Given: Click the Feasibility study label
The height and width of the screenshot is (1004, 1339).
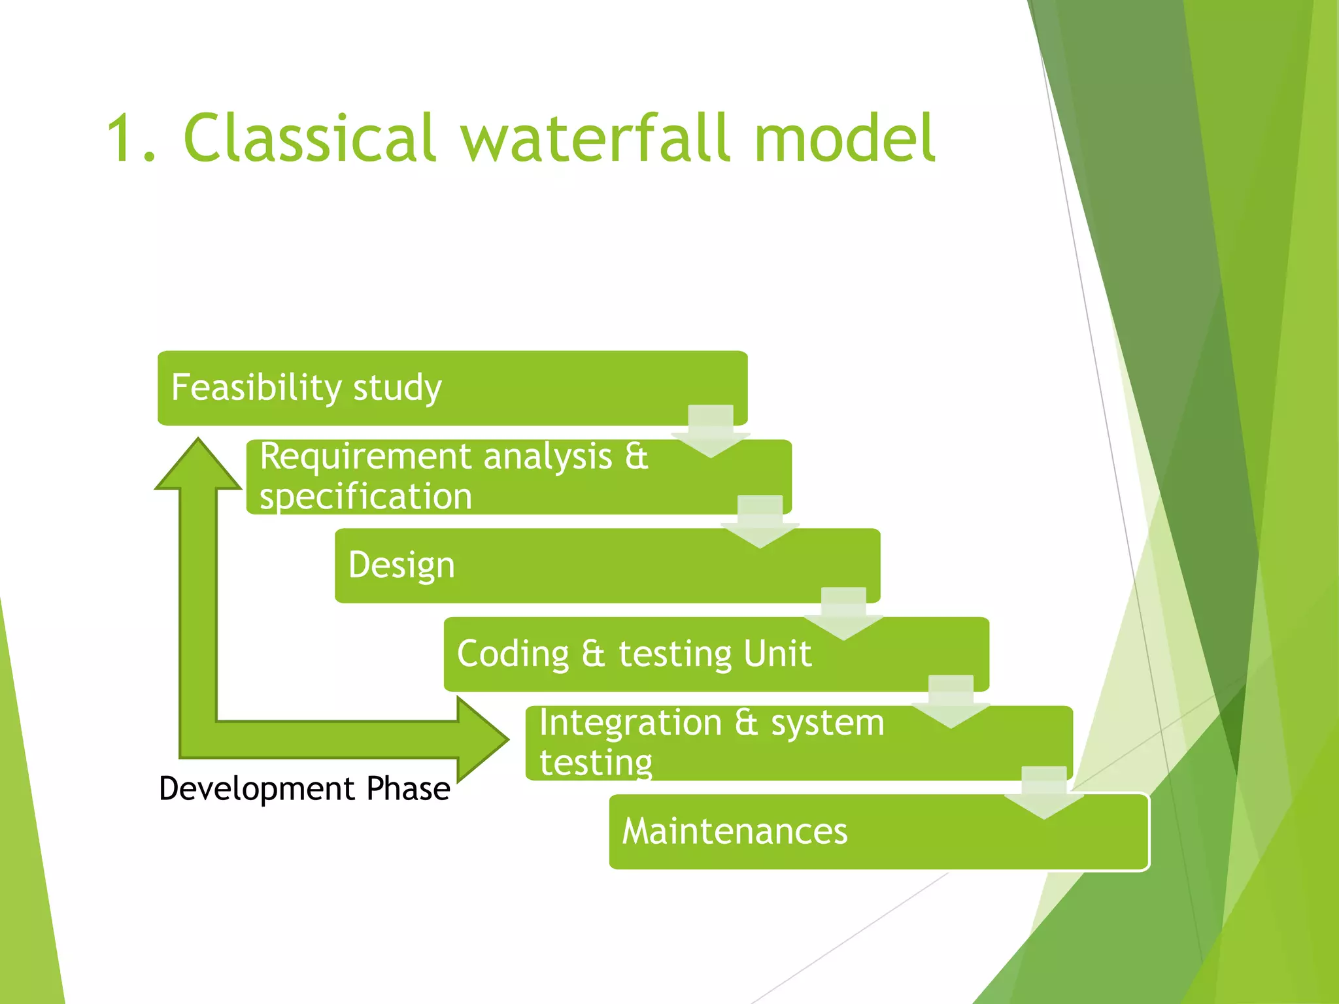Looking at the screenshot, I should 306,388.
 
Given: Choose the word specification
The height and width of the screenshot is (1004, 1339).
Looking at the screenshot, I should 365,496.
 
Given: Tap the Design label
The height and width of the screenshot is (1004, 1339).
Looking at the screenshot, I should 401,565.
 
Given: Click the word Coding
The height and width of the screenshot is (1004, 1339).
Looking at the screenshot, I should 513,654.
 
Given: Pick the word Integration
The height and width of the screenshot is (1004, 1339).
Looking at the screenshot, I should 630,723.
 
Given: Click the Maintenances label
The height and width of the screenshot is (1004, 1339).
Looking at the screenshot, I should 735,831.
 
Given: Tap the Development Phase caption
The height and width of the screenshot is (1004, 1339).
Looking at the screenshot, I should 305,788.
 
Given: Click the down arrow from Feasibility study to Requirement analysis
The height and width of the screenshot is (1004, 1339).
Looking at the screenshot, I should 711,432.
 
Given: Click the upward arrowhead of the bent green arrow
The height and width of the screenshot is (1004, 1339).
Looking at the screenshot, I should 198,466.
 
